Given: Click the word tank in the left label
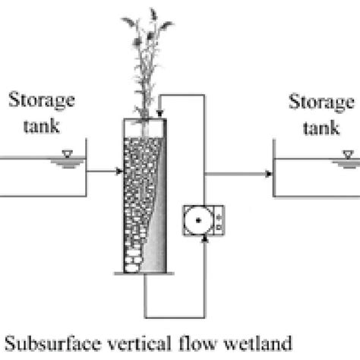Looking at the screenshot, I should pyautogui.click(x=38, y=125).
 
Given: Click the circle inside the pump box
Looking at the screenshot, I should pyautogui.click(x=197, y=220).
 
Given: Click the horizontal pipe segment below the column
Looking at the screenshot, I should pyautogui.click(x=174, y=317).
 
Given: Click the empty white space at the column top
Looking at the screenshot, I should pyautogui.click(x=146, y=127).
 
